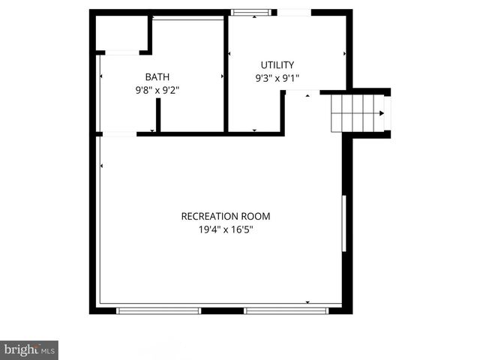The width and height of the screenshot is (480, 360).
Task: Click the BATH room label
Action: coord(157,76)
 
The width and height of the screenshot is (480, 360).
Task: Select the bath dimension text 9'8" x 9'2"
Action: coord(157,89)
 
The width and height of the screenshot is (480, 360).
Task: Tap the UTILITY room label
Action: coord(277,64)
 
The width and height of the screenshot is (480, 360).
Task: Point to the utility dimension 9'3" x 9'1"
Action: coord(277,77)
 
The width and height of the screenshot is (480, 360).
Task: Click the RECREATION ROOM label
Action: coord(225,216)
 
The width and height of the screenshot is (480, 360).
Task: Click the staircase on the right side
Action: coord(358,113)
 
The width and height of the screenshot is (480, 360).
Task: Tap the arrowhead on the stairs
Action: coord(381,113)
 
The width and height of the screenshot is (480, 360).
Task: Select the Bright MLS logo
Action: coord(29,350)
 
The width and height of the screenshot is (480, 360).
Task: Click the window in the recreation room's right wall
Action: coord(344,223)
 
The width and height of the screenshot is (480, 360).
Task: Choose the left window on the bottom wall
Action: coord(158,310)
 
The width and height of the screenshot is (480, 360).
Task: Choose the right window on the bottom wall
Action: coord(286,310)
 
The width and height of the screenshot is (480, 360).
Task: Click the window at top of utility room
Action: coord(251,13)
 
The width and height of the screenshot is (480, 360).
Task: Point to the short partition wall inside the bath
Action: coord(158,115)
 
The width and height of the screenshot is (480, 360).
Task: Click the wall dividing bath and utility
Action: coord(226,75)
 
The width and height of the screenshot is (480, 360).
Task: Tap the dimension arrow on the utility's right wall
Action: coord(343,54)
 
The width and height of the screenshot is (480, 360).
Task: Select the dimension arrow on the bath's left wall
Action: coord(101,76)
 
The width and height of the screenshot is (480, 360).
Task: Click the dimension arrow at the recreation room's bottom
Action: coord(307,301)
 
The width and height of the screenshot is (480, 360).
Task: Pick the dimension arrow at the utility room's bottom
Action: coord(254,130)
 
